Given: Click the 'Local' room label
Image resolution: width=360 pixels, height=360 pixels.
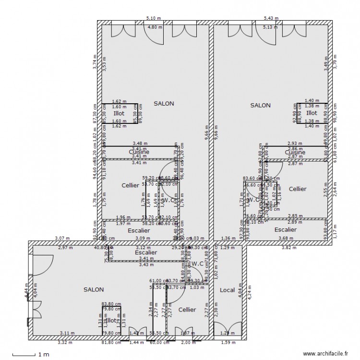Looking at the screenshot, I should pyautogui.click(x=227, y=290).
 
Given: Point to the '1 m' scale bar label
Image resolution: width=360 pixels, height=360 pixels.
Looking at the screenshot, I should pyautogui.click(x=43, y=355).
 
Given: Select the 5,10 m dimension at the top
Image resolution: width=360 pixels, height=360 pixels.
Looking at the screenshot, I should pyautogui.click(x=153, y=18).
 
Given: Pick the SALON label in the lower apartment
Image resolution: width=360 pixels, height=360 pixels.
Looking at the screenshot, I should pyautogui.click(x=93, y=289).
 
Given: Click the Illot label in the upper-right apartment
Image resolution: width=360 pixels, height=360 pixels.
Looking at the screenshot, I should pyautogui.click(x=312, y=113).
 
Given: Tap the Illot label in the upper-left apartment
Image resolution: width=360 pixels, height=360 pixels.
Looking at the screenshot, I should pyautogui.click(x=119, y=114).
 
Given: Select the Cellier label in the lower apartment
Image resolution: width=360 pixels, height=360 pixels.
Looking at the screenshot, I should pyautogui.click(x=187, y=310).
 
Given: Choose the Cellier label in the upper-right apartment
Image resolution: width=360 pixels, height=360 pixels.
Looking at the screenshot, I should pyautogui.click(x=298, y=189).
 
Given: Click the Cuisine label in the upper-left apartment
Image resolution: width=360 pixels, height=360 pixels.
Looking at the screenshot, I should pyautogui.click(x=139, y=152).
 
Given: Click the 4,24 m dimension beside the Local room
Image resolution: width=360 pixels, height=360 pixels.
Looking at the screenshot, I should pyautogui.click(x=250, y=290).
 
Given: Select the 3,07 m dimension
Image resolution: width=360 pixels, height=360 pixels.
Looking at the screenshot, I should pyautogui.click(x=59, y=238).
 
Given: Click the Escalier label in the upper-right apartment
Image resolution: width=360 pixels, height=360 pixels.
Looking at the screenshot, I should pyautogui.click(x=285, y=230).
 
